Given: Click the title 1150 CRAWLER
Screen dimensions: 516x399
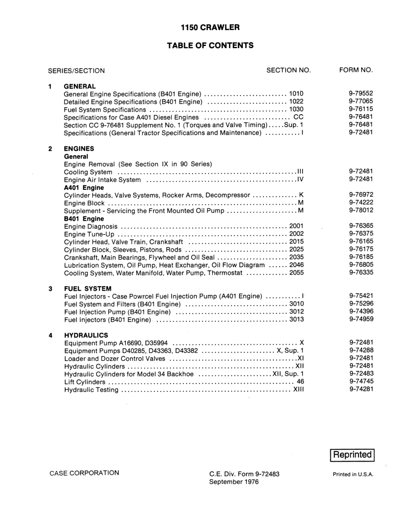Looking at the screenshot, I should pyautogui.click(x=210, y=27).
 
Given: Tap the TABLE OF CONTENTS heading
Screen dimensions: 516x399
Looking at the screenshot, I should pyautogui.click(x=210, y=45).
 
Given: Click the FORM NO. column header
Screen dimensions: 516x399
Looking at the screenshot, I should pyautogui.click(x=356, y=70).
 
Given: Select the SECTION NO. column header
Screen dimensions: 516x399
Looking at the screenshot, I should pyautogui.click(x=289, y=70).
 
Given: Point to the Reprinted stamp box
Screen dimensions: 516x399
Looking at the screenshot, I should pyautogui.click(x=352, y=455).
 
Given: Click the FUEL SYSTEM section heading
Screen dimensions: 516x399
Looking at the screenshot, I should pyautogui.click(x=88, y=288).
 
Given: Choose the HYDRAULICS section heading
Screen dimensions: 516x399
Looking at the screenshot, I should pyautogui.click(x=86, y=335).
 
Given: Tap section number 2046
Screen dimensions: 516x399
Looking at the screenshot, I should pyautogui.click(x=296, y=265).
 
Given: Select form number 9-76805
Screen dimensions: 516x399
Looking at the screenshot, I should pyautogui.click(x=361, y=265).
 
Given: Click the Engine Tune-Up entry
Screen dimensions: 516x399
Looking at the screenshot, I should pyautogui.click(x=89, y=234).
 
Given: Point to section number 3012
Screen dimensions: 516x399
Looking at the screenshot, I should pyautogui.click(x=296, y=312).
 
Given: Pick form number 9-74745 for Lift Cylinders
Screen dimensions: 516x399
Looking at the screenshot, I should pyautogui.click(x=361, y=382).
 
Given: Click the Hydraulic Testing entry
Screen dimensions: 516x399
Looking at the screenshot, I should pyautogui.click(x=91, y=390).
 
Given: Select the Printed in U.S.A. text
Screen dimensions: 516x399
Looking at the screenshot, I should pyautogui.click(x=353, y=475).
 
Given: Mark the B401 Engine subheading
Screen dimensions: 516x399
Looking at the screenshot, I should pyautogui.click(x=84, y=218).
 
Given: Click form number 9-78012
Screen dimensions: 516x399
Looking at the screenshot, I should pyautogui.click(x=361, y=211).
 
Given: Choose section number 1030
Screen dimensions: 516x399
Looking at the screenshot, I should pyautogui.click(x=296, y=109).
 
